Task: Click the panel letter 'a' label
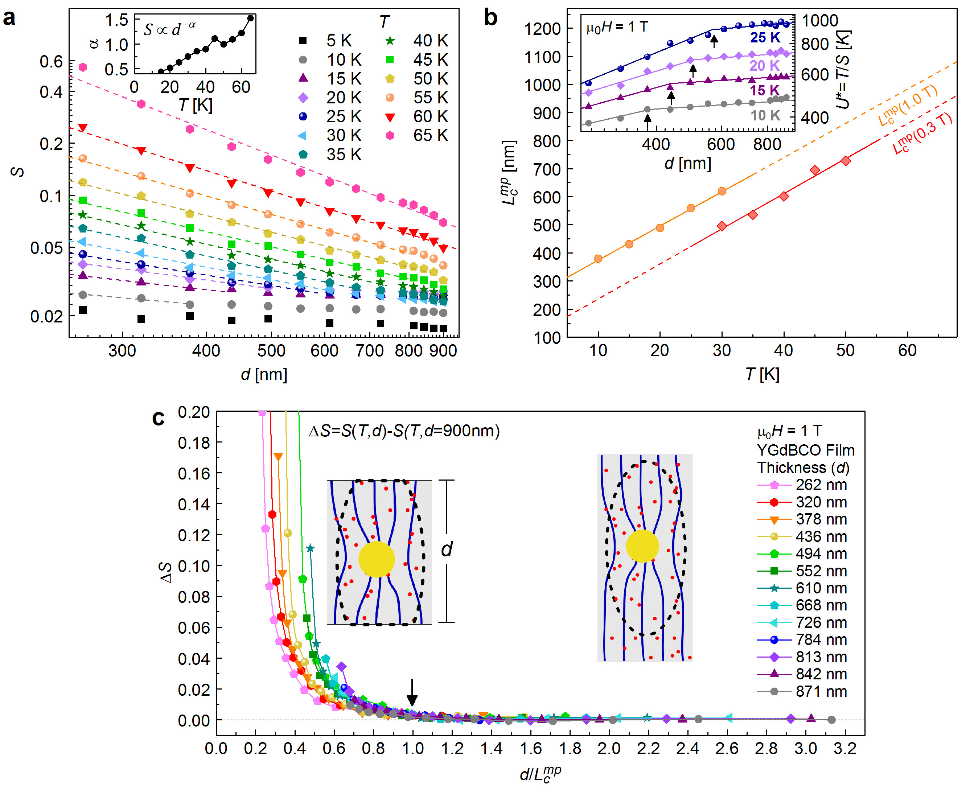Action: pos(9,18)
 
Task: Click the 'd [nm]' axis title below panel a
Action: pos(264,374)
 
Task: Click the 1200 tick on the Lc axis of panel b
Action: pos(542,29)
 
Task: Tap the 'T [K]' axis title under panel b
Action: pos(763,374)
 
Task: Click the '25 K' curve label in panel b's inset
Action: pos(765,37)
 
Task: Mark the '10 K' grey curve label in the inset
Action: pos(765,116)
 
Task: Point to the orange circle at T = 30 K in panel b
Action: pos(722,191)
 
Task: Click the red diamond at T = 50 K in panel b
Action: pos(846,161)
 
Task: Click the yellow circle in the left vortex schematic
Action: pos(377,559)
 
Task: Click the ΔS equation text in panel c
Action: pos(404,431)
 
